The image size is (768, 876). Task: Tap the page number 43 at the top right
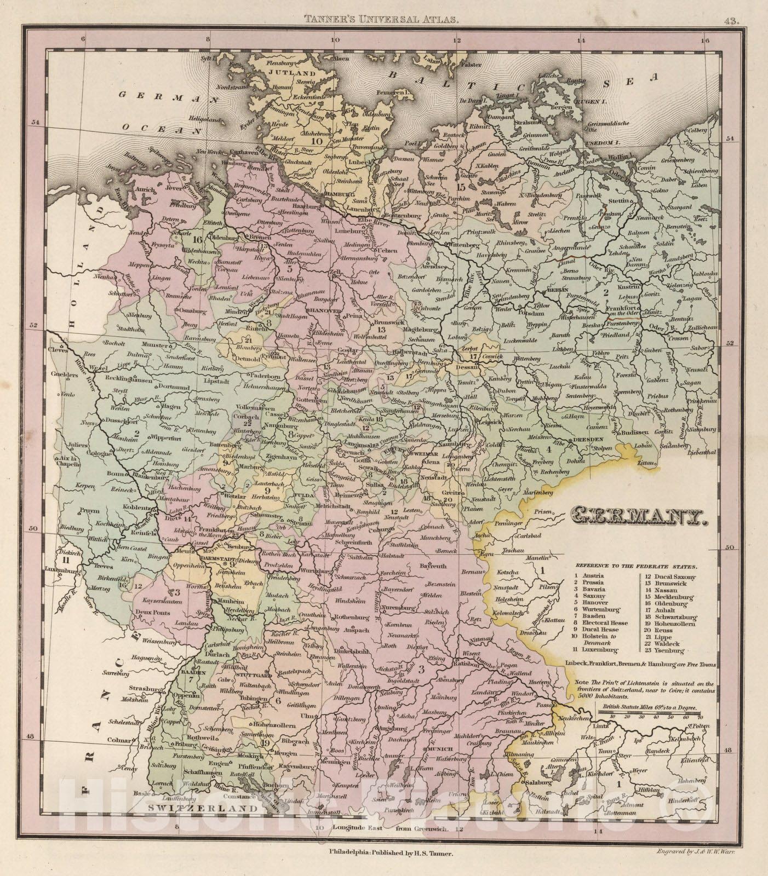tap(731, 7)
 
